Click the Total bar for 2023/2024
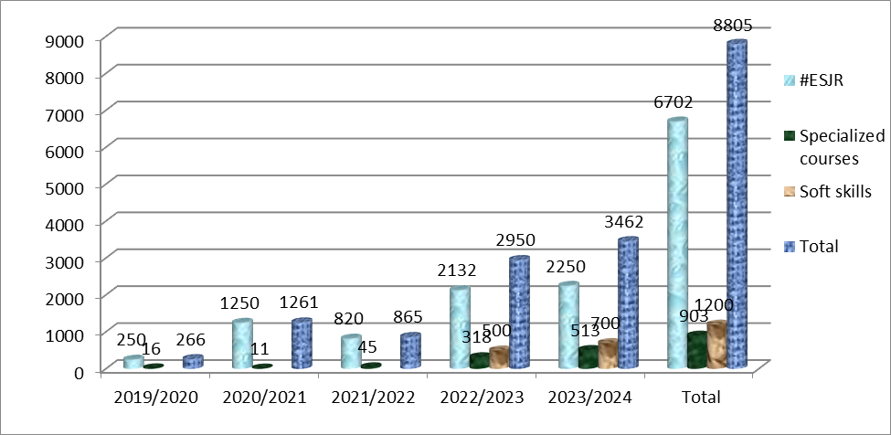coord(627,303)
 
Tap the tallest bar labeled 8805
coord(736,206)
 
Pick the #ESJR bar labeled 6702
coord(677,245)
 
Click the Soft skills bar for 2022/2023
coord(499,358)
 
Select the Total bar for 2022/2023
coord(519,313)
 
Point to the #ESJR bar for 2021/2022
coord(351,353)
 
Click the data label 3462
coord(622,221)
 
